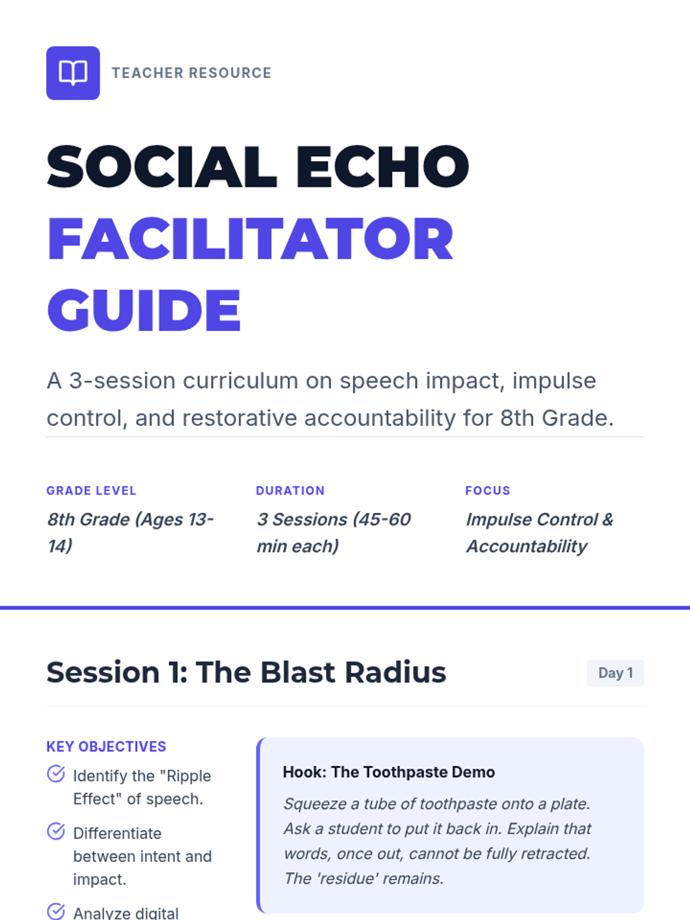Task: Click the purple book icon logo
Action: (73, 73)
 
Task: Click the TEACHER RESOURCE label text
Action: (191, 73)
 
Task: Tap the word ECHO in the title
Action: (382, 166)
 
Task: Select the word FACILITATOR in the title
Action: (251, 239)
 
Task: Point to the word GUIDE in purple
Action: (144, 310)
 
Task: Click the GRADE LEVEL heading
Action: (91, 490)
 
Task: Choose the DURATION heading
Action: (290, 490)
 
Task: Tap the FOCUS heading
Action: (488, 490)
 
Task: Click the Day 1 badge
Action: (615, 673)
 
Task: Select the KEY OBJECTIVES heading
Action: (106, 746)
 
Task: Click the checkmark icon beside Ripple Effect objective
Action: (56, 774)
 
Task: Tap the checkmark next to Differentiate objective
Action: (56, 831)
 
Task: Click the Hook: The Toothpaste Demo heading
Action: (389, 772)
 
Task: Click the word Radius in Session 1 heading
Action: (395, 672)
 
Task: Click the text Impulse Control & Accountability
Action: (539, 532)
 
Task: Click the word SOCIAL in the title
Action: (162, 166)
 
